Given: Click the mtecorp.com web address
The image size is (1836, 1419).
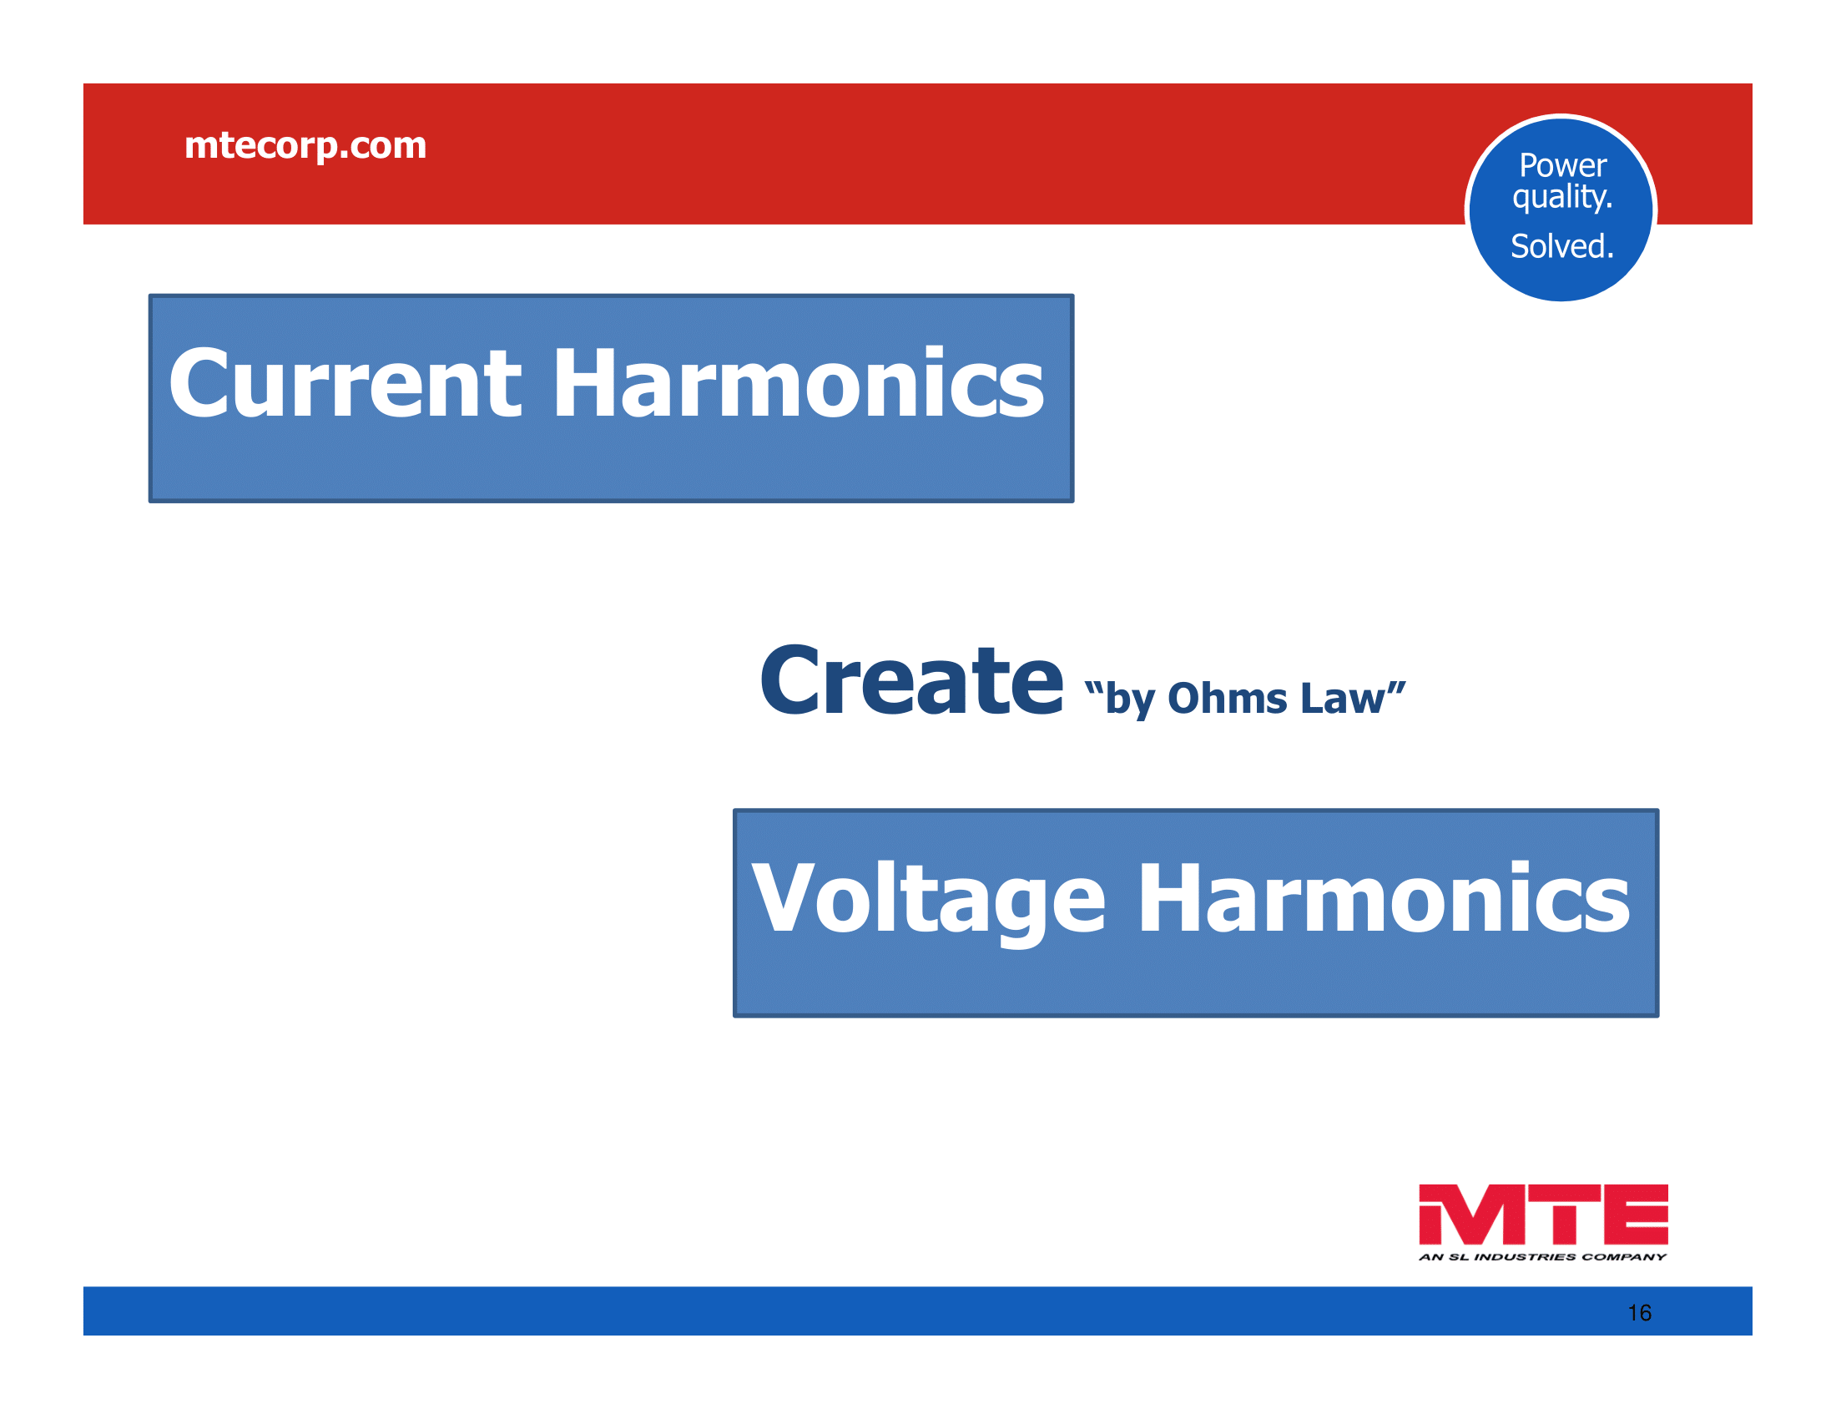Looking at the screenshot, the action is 305,146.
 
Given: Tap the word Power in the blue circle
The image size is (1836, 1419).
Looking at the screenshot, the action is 1563,164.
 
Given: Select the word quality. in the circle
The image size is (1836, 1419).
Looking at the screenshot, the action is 1563,198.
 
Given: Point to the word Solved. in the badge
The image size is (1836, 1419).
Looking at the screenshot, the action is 1563,246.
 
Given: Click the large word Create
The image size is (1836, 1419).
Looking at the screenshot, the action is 911,679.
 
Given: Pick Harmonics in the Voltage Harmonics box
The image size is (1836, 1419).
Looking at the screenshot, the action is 1384,899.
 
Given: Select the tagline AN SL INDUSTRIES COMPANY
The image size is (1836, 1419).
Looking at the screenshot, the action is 1542,1258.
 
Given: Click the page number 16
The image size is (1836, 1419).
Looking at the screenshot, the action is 1639,1313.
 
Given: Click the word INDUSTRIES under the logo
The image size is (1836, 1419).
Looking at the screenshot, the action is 1525,1258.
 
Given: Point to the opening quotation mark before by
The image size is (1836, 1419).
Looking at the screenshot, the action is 1094,689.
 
